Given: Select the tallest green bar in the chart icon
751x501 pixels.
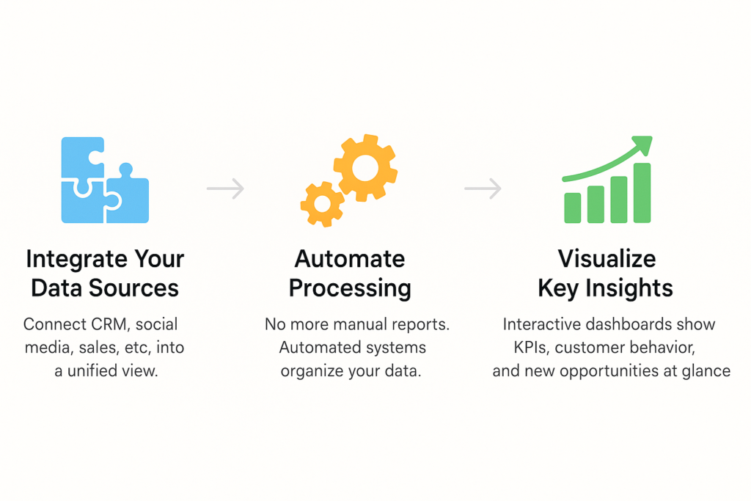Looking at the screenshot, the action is (x=642, y=192).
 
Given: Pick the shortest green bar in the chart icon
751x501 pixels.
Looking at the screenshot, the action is (x=573, y=208).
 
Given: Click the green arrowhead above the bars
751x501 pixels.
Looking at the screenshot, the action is (x=644, y=144).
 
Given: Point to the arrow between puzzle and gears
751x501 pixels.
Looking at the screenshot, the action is (x=225, y=189).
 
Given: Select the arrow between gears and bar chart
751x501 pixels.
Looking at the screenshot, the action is (x=483, y=189).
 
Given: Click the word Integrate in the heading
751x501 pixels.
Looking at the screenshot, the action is (x=76, y=260).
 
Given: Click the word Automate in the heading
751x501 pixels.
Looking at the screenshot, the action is (x=350, y=259).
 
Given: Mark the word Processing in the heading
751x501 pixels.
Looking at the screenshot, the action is (x=350, y=289).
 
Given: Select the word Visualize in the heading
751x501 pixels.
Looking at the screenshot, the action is (x=607, y=259).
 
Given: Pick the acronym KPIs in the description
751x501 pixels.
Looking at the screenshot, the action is (x=532, y=347).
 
